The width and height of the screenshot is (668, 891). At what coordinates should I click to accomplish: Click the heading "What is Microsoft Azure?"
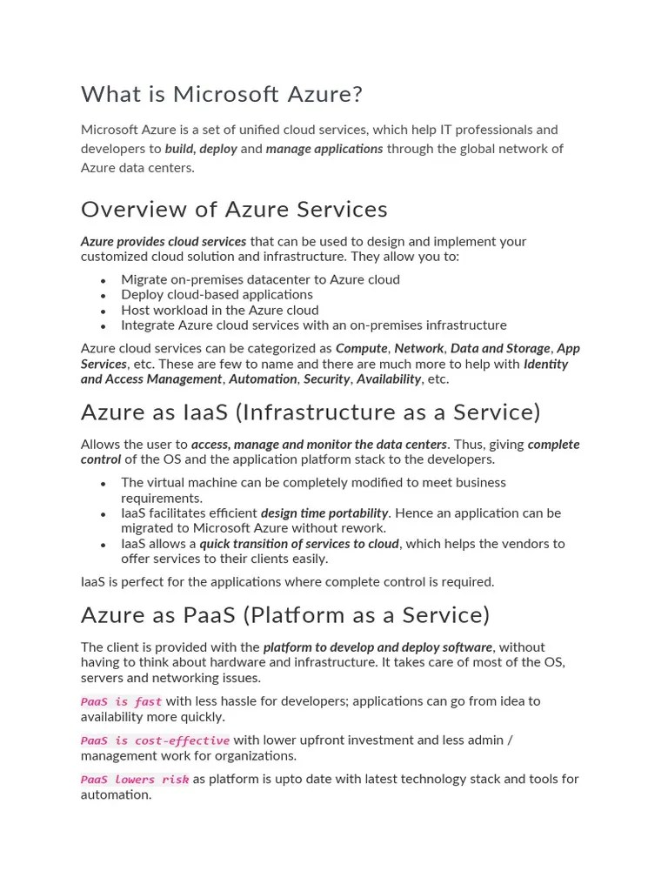(222, 94)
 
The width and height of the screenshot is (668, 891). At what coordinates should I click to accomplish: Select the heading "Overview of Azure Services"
(234, 210)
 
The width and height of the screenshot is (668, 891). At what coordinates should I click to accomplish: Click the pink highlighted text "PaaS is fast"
(121, 701)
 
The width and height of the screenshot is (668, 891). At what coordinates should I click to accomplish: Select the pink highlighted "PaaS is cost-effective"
(155, 740)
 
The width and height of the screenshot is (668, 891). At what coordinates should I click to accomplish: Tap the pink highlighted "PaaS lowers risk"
(135, 780)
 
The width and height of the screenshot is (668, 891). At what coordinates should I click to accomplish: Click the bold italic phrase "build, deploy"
(201, 149)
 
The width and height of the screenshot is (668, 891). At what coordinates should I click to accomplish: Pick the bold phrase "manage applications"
(324, 149)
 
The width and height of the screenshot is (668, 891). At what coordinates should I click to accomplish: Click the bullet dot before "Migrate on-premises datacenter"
(103, 280)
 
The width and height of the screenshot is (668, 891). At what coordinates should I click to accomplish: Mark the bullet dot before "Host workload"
(103, 311)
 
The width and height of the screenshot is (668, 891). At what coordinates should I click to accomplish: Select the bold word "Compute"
(361, 348)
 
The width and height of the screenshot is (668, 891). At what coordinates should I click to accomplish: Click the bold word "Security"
(326, 379)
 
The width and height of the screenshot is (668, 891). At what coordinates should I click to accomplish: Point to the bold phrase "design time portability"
(324, 513)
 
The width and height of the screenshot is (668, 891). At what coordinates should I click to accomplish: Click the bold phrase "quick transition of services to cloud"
(299, 544)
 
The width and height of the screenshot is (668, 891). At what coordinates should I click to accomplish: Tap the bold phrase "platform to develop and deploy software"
(377, 647)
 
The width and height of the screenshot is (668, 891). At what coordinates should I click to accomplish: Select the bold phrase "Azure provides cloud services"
(164, 242)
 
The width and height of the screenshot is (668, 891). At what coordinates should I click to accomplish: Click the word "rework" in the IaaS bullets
(365, 528)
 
